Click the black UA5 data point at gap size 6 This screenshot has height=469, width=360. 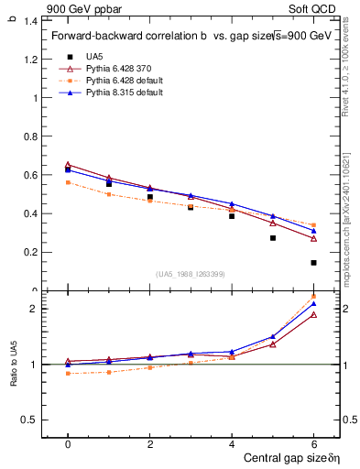coord(313,263)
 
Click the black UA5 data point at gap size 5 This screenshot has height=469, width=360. coord(273,238)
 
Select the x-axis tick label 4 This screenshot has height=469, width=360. coord(232,443)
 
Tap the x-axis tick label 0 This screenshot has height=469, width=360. coord(68,443)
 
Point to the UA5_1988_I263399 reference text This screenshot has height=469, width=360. coord(191,274)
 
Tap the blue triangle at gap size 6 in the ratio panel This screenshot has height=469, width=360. coord(313,304)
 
